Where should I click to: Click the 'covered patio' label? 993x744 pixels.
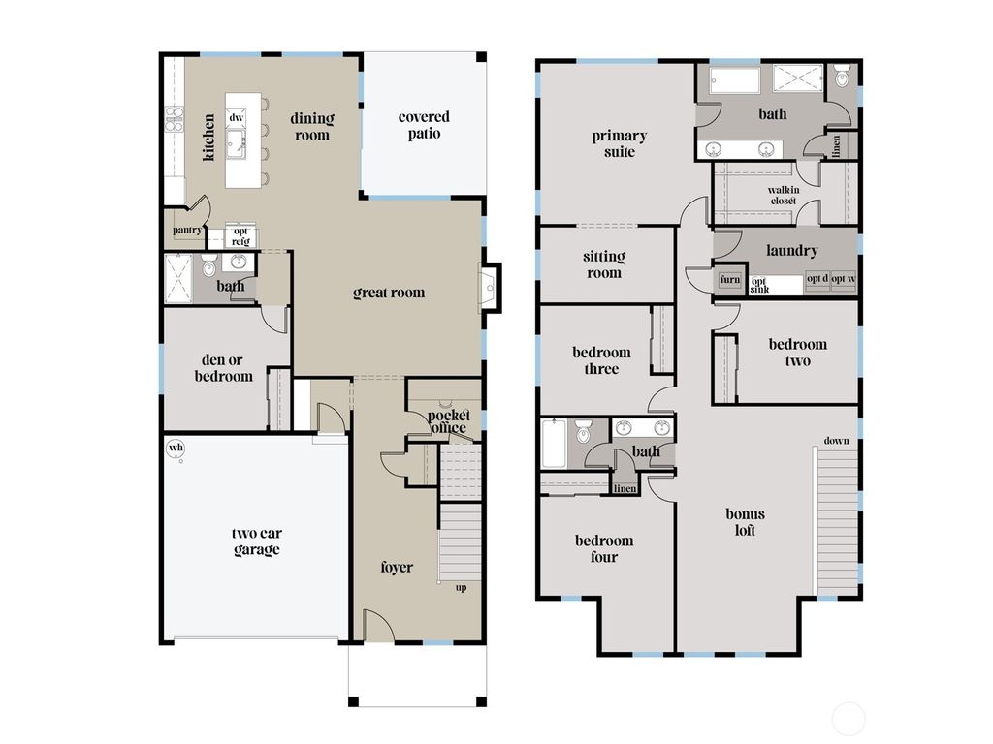[424, 125]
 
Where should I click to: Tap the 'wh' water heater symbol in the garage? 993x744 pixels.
[176, 448]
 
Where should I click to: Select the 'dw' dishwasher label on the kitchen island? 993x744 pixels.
[236, 117]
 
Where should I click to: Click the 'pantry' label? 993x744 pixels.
[186, 231]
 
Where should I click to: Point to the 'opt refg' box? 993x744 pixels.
[240, 235]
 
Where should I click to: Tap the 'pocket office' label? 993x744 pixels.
[446, 421]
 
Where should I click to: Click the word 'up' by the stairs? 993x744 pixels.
[461, 587]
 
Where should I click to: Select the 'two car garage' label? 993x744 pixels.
[256, 542]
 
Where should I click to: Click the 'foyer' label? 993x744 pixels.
[396, 567]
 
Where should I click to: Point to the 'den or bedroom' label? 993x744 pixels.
[223, 369]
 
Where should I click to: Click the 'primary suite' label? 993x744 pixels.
[620, 143]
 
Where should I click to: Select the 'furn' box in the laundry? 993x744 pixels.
[729, 280]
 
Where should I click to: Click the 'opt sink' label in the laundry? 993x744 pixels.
[759, 284]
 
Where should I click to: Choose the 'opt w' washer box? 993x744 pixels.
[844, 279]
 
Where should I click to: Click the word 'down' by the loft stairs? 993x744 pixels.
[836, 441]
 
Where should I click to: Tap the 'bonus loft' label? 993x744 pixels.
[745, 522]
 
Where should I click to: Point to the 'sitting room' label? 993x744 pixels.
[603, 264]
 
